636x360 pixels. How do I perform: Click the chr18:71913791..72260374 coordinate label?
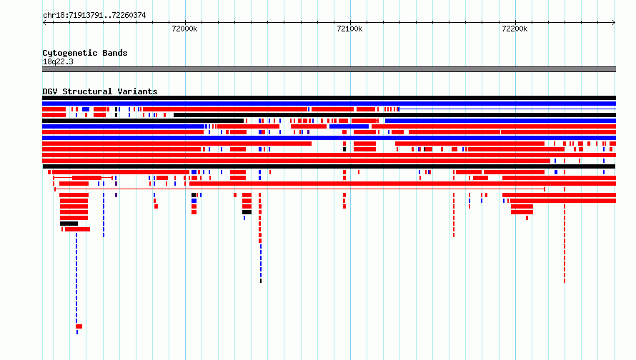(x=94, y=16)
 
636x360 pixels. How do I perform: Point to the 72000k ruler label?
(x=184, y=29)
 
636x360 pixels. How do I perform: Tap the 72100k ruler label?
(x=349, y=29)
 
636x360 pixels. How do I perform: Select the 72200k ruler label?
(x=515, y=29)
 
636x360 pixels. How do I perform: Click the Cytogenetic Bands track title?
(x=85, y=53)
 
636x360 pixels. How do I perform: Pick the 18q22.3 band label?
(x=58, y=61)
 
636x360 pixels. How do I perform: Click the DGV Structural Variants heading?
(x=100, y=91)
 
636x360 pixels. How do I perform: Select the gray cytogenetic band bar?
(x=329, y=69)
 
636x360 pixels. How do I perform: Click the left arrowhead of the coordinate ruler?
(x=44, y=22)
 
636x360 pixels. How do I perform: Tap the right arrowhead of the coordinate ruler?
(x=614, y=22)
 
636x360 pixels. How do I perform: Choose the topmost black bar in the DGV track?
(x=329, y=98)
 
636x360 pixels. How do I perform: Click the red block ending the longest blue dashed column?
(x=79, y=326)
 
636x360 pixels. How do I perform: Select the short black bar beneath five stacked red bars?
(x=69, y=224)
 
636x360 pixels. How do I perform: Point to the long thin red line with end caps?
(x=299, y=189)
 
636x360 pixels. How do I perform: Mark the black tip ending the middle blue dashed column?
(x=261, y=281)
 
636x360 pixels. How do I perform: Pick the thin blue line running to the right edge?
(x=507, y=109)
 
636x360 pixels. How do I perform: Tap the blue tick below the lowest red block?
(x=77, y=332)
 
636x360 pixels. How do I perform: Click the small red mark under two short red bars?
(x=527, y=218)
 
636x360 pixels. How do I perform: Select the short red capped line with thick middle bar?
(x=83, y=178)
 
